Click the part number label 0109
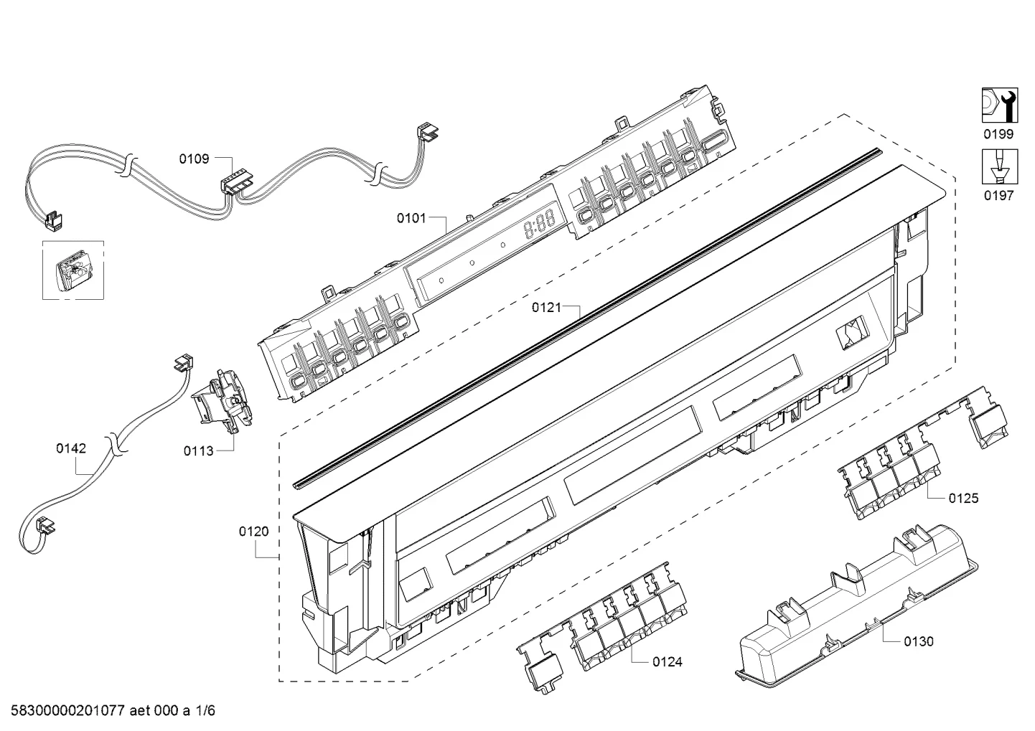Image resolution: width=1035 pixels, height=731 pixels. pos(194,159)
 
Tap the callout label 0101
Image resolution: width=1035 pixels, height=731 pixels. pos(411,218)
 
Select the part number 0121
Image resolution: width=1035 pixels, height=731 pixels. pos(546,307)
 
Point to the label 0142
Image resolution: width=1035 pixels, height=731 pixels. pos(70,448)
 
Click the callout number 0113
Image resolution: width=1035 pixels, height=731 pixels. pos(199,451)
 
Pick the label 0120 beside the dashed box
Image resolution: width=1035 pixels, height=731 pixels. pos(253,532)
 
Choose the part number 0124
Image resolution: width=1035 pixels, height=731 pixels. pos(668,661)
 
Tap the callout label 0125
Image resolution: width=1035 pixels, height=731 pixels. pos(963,498)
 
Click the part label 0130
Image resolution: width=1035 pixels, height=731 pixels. pos(919,641)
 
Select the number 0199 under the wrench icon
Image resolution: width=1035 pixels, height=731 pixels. pos(998,134)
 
